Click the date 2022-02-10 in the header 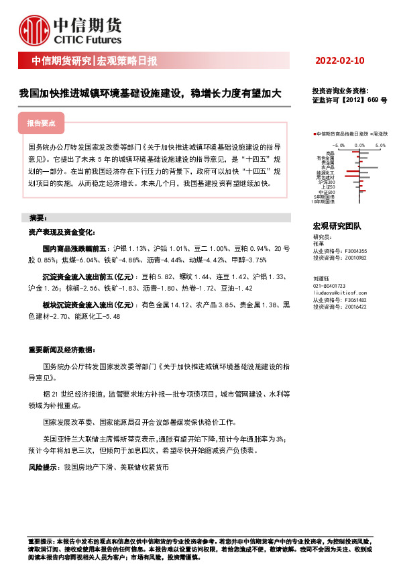[339, 61]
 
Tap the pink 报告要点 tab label [46, 124]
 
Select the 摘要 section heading [38, 218]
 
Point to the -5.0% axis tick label [338, 144]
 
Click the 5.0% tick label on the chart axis [380, 144]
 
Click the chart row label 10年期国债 [324, 201]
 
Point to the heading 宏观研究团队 [337, 227]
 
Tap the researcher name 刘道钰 [322, 278]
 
